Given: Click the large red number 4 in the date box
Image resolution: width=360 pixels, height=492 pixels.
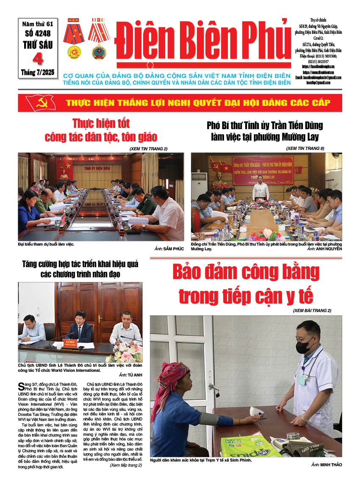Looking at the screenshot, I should [x=38, y=58].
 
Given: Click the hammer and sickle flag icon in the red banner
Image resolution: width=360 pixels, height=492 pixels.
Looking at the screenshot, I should [x=40, y=103].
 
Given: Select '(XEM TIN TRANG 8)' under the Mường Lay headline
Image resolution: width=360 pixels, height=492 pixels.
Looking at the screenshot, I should [x=305, y=148].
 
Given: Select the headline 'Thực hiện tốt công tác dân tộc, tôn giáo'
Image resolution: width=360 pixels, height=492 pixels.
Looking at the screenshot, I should [x=101, y=130].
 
